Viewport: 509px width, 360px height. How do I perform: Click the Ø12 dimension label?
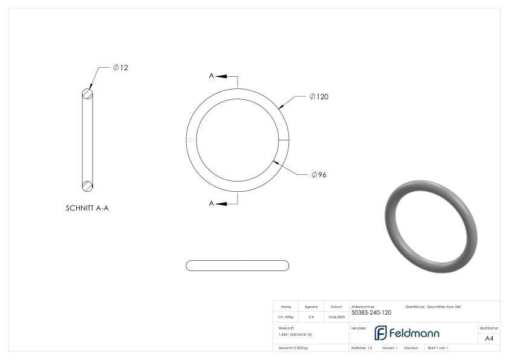tap(120, 68)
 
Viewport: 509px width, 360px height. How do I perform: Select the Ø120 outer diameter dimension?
tap(319, 97)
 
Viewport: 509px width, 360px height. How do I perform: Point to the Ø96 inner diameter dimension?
tap(319, 175)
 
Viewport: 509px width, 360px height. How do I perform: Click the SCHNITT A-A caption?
tap(87, 208)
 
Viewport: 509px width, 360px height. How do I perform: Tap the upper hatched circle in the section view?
tap(88, 94)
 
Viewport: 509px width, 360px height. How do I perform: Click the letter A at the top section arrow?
tap(212, 76)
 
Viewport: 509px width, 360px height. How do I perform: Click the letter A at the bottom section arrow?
tap(212, 203)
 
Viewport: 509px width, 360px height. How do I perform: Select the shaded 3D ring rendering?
tap(431, 226)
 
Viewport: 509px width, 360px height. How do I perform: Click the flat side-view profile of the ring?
tap(237, 265)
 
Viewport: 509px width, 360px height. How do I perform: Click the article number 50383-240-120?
tap(371, 313)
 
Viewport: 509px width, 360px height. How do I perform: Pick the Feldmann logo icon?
tap(380, 333)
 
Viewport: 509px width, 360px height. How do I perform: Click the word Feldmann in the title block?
tap(414, 333)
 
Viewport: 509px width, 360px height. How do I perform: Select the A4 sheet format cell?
tap(489, 338)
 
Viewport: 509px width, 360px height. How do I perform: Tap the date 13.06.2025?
tap(336, 316)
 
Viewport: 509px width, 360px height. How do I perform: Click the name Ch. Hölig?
tap(286, 316)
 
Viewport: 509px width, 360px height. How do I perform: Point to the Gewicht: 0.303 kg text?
tap(293, 348)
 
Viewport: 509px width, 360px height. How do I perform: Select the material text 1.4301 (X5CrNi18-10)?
tap(295, 334)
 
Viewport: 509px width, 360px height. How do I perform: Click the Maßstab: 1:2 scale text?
tap(361, 348)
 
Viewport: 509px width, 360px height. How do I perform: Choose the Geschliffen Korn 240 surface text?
tap(444, 307)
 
